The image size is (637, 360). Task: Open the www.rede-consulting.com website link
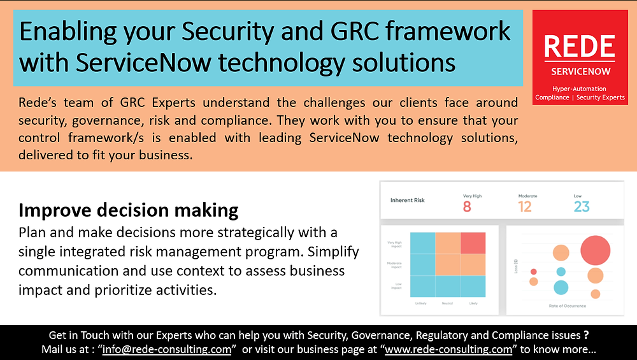pos(448,349)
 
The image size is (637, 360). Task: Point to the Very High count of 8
pos(467,206)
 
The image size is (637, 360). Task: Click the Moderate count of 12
pos(524,206)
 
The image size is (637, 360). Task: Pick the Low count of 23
pos(581,206)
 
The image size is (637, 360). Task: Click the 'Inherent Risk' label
pos(408,200)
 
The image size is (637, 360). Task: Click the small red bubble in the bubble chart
pos(534,271)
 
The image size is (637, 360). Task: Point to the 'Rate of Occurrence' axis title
pos(567,306)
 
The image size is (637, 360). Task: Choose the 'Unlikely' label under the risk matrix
pos(421,303)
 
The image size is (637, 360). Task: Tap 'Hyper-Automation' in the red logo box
pos(579,89)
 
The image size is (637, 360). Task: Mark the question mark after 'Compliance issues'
pos(586,335)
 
